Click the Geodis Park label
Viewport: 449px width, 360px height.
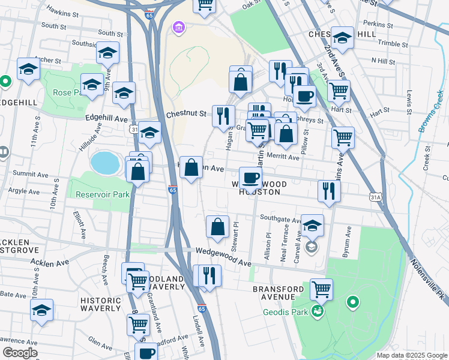pyautogui.click(x=285, y=312)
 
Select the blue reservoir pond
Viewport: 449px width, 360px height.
pyautogui.click(x=105, y=162)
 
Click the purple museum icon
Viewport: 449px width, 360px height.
pyautogui.click(x=179, y=28)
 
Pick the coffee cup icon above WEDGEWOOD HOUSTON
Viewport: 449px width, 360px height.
pyautogui.click(x=250, y=177)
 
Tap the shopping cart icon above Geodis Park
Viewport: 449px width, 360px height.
pyautogui.click(x=321, y=289)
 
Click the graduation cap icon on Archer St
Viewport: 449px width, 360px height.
pyautogui.click(x=28, y=70)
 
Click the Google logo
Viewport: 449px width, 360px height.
pyautogui.click(x=20, y=353)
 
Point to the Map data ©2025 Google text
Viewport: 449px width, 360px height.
pyautogui.click(x=411, y=355)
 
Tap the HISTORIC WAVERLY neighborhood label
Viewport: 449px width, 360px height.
pyautogui.click(x=101, y=303)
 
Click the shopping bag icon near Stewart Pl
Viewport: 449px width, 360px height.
pyautogui.click(x=217, y=227)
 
